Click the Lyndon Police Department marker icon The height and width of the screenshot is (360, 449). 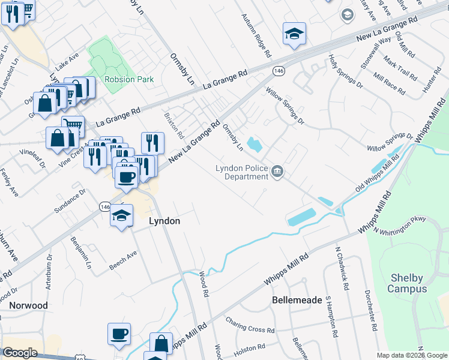pyautogui.click(x=277, y=173)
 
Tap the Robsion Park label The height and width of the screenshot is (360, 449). pyautogui.click(x=128, y=79)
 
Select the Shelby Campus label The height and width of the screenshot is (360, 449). pyautogui.click(x=406, y=283)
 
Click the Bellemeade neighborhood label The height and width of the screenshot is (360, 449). pyautogui.click(x=294, y=299)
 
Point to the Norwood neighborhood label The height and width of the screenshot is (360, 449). pyautogui.click(x=28, y=305)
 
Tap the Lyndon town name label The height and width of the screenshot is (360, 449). pyautogui.click(x=164, y=221)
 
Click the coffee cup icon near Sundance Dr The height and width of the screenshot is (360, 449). pyautogui.click(x=126, y=176)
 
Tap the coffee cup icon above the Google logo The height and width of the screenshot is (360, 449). pyautogui.click(x=119, y=333)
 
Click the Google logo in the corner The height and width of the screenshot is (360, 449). pyautogui.click(x=20, y=353)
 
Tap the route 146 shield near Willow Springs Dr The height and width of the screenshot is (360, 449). pyautogui.click(x=280, y=70)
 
